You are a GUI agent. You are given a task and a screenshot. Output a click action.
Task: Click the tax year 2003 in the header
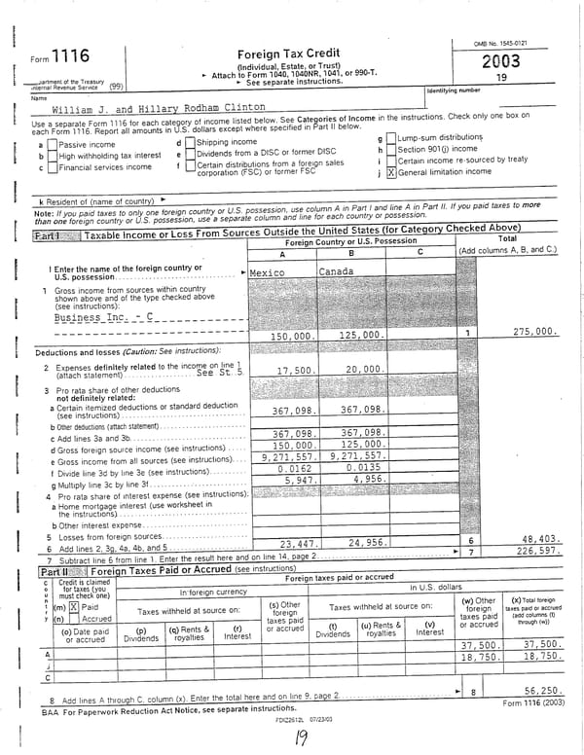500,61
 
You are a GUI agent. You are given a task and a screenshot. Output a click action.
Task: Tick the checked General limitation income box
391,172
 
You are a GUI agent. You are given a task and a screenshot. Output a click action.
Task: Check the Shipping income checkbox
190,142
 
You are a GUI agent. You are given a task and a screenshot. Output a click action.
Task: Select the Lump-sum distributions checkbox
391,139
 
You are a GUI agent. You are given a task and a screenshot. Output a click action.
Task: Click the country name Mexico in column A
267,272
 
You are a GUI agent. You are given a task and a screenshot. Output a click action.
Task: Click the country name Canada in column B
337,271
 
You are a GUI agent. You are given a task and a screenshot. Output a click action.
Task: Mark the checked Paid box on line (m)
72,607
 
